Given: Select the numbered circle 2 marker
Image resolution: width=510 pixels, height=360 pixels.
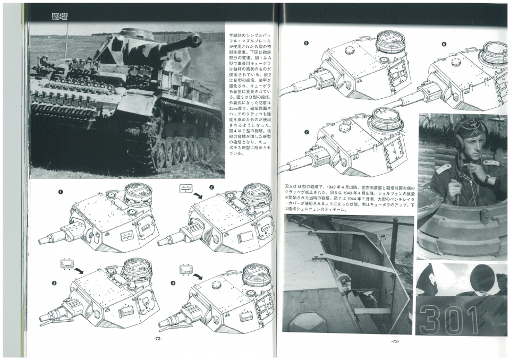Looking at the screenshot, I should click(x=211, y=187).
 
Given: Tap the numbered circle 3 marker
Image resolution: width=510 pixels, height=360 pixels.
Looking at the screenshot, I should click(x=54, y=283).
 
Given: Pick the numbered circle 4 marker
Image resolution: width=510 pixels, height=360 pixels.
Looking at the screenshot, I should click(x=173, y=283).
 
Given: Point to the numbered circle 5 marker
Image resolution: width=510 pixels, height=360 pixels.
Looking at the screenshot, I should click(x=306, y=44).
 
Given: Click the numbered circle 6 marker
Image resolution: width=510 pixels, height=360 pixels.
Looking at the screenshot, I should click(x=444, y=44).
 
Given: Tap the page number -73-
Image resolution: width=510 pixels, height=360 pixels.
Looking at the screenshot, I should click(x=395, y=341).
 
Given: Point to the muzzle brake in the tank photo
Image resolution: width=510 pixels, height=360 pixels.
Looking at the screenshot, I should click(x=194, y=39).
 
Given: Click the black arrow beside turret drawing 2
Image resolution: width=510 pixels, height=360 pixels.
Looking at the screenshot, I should click(x=198, y=196).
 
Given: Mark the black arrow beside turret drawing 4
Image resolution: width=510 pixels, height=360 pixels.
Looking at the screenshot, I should click(x=198, y=276).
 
